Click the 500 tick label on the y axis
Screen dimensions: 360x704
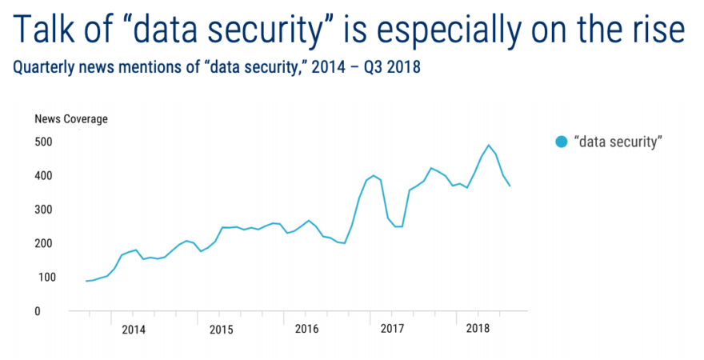click(x=43, y=142)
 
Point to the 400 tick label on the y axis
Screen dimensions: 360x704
click(x=43, y=176)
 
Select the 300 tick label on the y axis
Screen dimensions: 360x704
click(x=43, y=210)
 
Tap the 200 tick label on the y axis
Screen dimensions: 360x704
click(x=43, y=243)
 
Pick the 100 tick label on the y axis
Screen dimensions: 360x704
click(x=43, y=278)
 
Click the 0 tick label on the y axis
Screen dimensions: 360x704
click(x=38, y=311)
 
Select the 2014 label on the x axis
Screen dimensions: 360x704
click(x=134, y=329)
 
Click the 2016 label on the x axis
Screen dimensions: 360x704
click(x=306, y=329)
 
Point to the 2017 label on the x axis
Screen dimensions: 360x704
click(x=392, y=329)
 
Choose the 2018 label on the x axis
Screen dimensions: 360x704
click(x=478, y=329)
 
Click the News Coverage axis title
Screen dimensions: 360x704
click(x=71, y=120)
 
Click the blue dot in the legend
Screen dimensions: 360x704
click(x=562, y=142)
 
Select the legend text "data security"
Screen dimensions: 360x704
click(x=619, y=142)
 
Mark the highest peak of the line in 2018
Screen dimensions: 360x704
click(x=489, y=146)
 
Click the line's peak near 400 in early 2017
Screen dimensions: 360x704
click(x=373, y=175)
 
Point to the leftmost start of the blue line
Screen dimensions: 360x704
click(x=86, y=281)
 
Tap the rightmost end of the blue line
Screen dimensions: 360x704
click(x=510, y=186)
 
